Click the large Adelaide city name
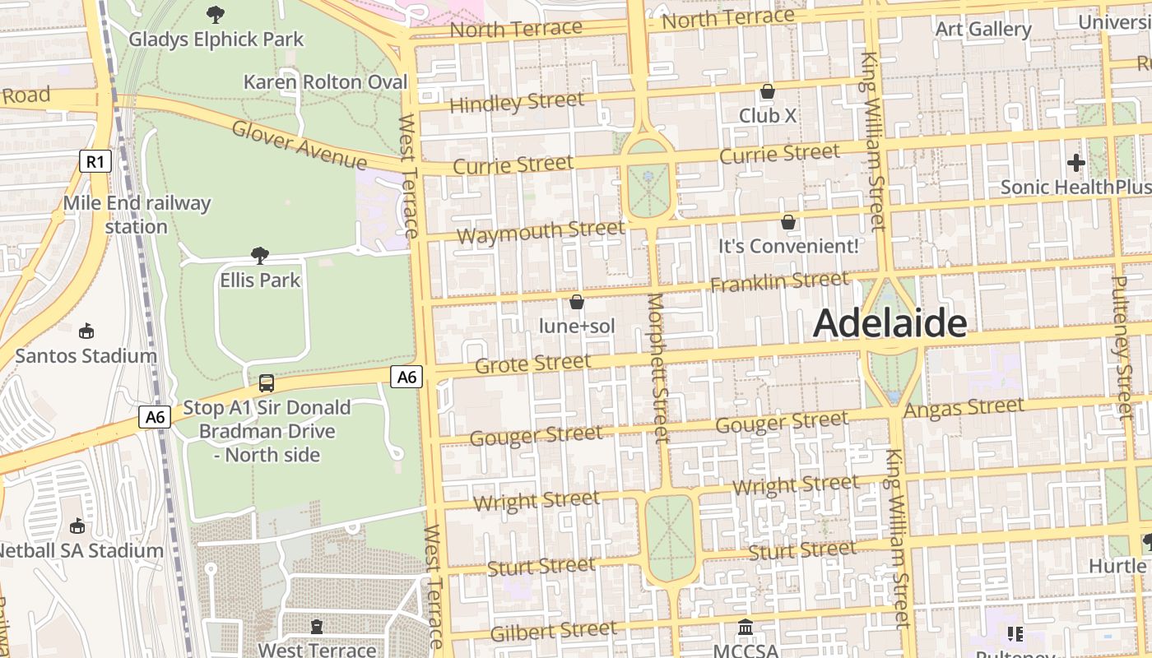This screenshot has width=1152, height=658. point(890,323)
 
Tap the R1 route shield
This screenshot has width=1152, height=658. point(95,161)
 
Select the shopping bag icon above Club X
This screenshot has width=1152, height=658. point(768,91)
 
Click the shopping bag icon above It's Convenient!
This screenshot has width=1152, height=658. point(788,222)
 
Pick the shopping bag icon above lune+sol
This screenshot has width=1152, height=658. point(577,303)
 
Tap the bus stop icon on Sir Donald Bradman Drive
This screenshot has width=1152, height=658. point(267,383)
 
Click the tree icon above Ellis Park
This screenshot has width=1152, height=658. point(260,256)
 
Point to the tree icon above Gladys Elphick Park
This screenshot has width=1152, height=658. point(216,14)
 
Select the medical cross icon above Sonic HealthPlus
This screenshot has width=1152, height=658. point(1075,163)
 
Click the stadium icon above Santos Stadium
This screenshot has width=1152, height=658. point(86,331)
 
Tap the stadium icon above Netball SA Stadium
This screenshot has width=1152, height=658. point(77,526)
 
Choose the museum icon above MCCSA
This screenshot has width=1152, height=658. point(746,628)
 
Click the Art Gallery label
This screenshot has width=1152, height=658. point(983,29)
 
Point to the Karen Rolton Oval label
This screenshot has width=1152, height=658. point(326,82)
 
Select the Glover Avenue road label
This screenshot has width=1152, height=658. point(299,144)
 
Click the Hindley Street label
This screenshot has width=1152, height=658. point(517,103)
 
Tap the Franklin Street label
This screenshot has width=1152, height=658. point(778,282)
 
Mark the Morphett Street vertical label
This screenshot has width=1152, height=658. point(658,368)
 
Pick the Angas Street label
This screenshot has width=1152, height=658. point(964,407)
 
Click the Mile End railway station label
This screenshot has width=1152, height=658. point(137,214)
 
